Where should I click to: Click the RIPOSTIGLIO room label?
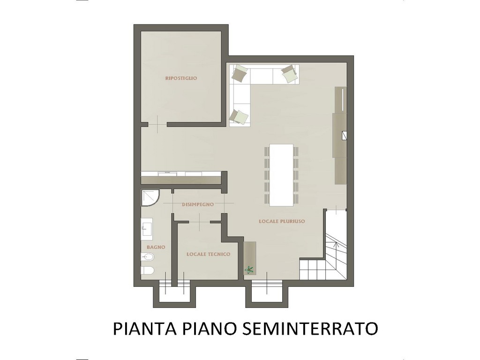181,78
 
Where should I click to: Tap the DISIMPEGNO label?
198,204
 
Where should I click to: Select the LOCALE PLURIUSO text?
282,221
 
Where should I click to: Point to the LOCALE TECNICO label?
209,254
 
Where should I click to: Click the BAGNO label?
156,247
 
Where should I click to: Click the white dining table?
281,175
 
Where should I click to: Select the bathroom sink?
147,227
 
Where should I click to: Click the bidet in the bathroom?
147,257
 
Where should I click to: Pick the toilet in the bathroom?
147,270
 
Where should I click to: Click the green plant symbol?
249,270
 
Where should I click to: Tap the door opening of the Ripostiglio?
157,124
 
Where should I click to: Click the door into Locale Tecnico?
200,221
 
